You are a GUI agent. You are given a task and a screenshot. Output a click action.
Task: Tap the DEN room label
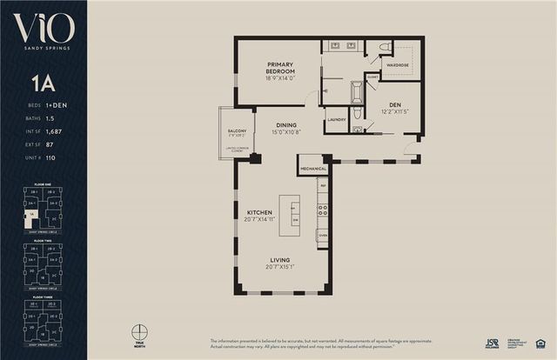[394, 102]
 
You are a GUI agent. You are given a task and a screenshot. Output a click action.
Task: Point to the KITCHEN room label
[259, 212]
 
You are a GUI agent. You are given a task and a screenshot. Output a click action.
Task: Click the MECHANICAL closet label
[312, 168]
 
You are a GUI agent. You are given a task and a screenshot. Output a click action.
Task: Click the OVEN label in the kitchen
[322, 236]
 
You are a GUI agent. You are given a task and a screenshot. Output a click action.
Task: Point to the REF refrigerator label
[322, 186]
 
